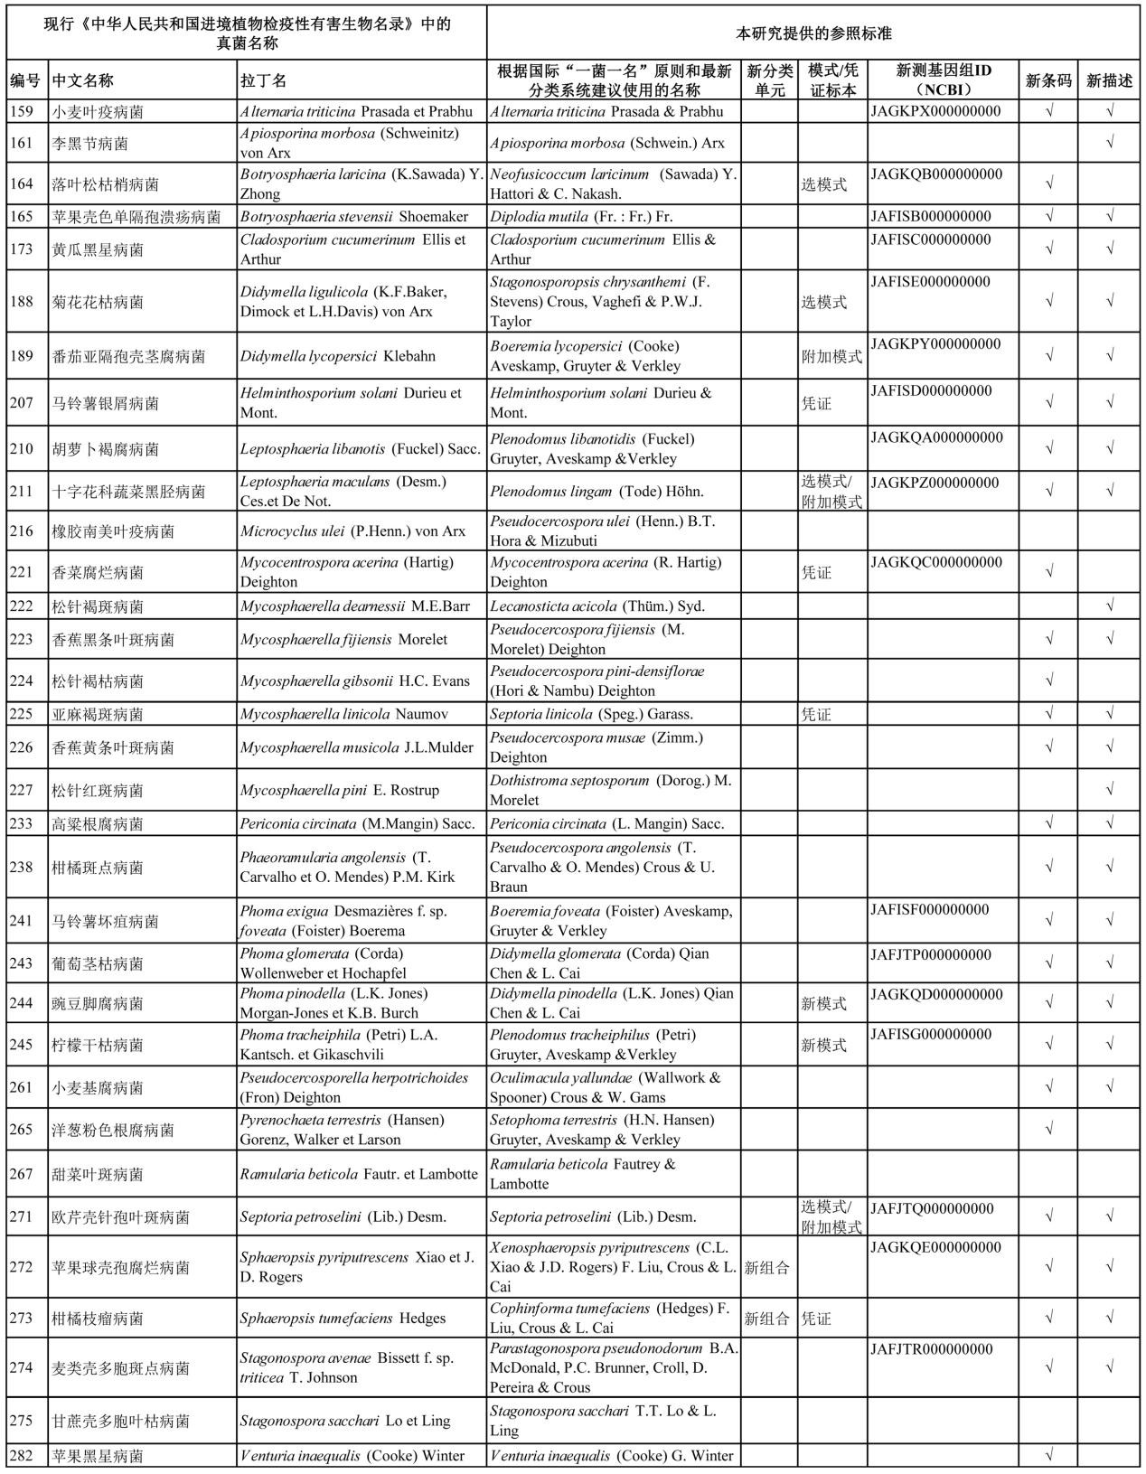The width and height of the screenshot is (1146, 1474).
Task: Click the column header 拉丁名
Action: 263,80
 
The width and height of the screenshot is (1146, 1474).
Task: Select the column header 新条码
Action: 1048,80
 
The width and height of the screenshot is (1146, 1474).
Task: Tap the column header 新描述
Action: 1109,80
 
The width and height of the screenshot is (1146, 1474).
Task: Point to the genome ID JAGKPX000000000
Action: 935,112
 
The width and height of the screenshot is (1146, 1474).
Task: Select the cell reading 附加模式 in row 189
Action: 831,356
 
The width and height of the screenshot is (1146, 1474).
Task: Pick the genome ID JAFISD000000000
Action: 930,391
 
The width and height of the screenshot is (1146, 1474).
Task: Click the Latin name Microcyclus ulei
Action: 352,531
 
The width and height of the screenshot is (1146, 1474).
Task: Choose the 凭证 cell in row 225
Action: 816,714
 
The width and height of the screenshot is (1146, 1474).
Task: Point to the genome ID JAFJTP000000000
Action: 930,955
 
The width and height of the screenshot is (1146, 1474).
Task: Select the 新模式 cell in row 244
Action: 823,1003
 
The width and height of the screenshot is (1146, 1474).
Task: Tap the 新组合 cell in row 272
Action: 766,1267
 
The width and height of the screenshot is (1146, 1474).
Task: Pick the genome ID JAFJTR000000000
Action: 931,1349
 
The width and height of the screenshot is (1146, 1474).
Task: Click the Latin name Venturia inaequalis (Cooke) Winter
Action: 352,1456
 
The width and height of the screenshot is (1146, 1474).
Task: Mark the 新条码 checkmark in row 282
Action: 1048,1456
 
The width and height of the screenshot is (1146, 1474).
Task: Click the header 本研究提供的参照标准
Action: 813,33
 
